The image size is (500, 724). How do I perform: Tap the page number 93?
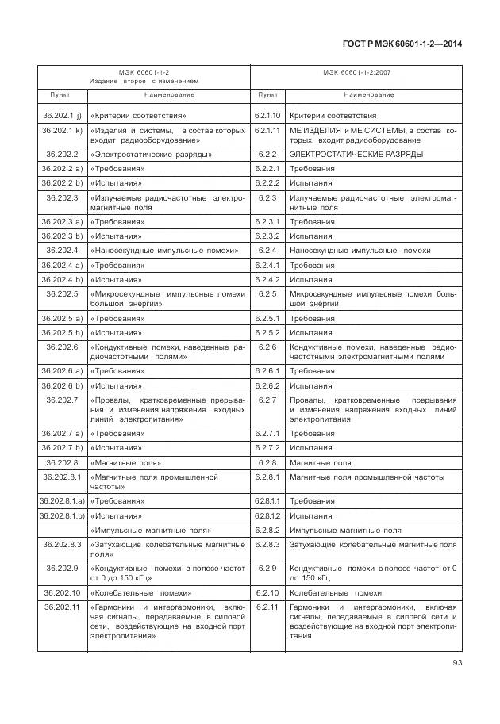(457, 662)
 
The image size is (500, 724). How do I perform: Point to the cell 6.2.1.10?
(267, 115)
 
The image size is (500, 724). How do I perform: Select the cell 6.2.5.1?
(267, 318)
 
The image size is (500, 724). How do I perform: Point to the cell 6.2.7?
(267, 400)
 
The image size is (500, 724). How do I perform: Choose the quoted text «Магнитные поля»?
(126, 462)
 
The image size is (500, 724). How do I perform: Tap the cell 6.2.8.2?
(267, 530)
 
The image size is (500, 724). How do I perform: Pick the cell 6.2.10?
(267, 592)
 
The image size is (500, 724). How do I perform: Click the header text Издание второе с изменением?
(144, 81)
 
